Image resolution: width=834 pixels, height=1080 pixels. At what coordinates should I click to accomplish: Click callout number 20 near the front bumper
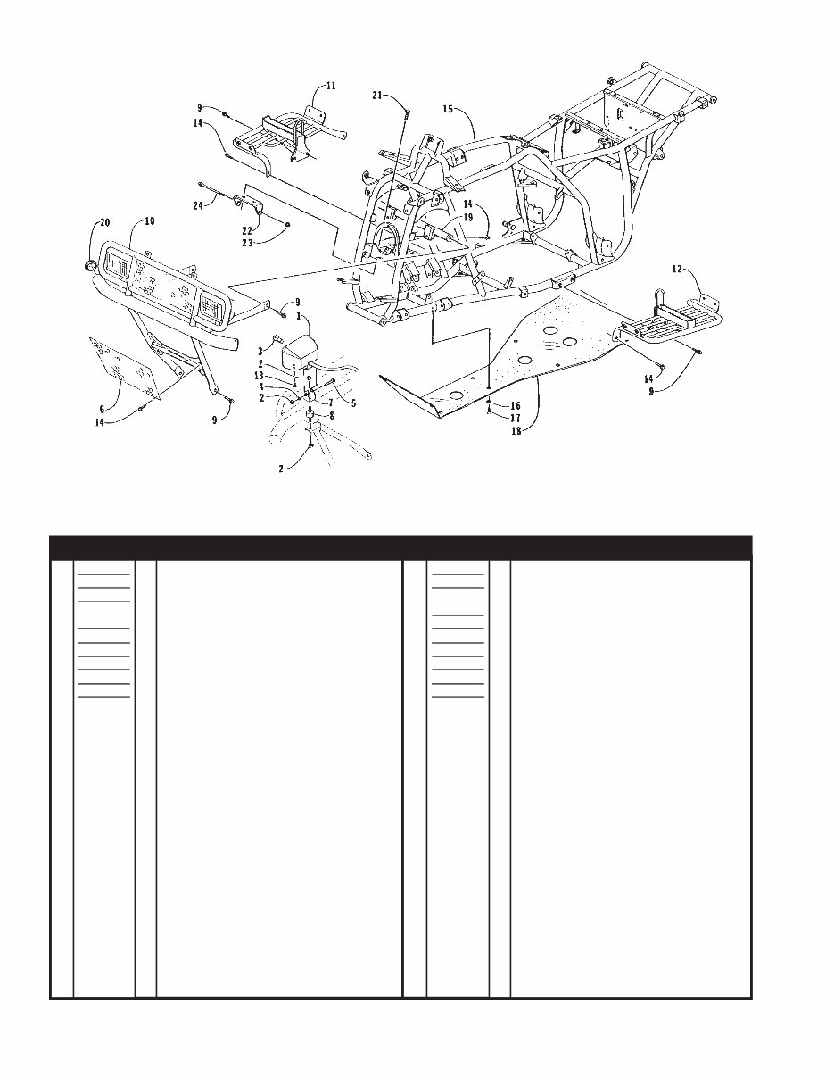[x=104, y=222]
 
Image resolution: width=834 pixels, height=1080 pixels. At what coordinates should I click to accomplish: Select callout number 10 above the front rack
[x=149, y=220]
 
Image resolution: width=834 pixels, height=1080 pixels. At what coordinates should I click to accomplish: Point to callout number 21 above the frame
[x=378, y=95]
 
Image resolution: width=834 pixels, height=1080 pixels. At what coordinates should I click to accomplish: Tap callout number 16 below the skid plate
[x=516, y=405]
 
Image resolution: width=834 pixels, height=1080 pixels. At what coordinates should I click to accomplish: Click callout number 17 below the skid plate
[x=516, y=418]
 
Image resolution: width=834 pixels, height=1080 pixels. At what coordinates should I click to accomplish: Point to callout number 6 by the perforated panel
[x=102, y=409]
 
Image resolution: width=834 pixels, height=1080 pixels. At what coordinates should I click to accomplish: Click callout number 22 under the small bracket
[x=247, y=230]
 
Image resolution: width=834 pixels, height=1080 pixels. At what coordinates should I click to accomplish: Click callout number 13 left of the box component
[x=258, y=376]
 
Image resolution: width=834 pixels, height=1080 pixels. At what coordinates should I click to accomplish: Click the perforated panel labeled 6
[x=125, y=370]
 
